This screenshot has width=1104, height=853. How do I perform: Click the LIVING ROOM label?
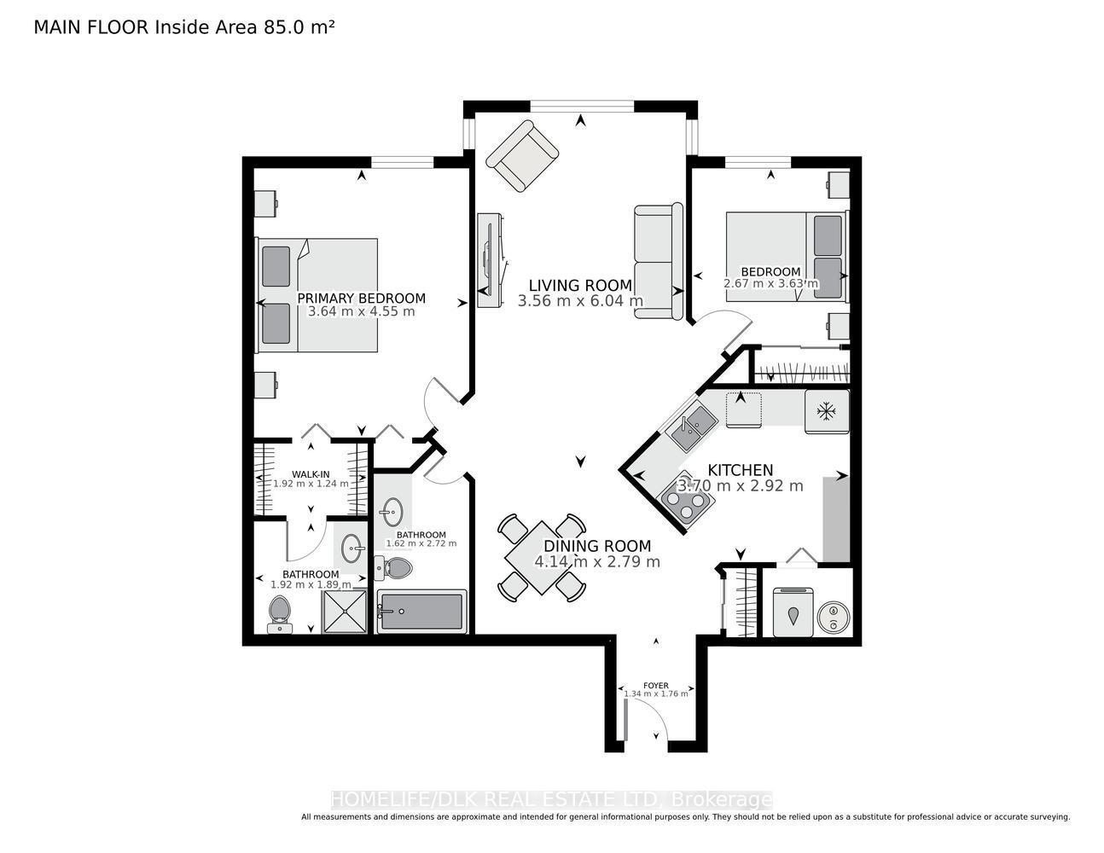580,286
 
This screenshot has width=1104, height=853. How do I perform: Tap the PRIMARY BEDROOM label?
361,298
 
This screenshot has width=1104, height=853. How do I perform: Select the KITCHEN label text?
741,470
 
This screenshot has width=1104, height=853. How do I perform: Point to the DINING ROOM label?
597,546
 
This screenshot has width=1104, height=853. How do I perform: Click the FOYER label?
656,686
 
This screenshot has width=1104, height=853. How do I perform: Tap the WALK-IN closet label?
311,474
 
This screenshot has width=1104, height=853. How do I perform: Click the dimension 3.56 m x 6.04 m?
580,300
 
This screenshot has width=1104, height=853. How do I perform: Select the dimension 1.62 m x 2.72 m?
421,543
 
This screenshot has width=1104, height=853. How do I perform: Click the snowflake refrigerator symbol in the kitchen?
827,411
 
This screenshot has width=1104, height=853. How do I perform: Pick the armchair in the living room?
522,156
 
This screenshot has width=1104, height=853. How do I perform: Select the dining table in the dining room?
542,557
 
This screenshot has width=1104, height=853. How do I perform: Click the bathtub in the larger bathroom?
421,611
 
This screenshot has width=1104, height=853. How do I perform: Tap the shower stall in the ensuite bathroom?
345,611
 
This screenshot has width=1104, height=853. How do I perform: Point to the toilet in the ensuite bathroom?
280,614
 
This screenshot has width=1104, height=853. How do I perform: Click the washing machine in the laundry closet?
793,612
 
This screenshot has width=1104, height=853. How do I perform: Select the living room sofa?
659,261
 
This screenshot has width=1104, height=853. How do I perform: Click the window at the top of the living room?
582,106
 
